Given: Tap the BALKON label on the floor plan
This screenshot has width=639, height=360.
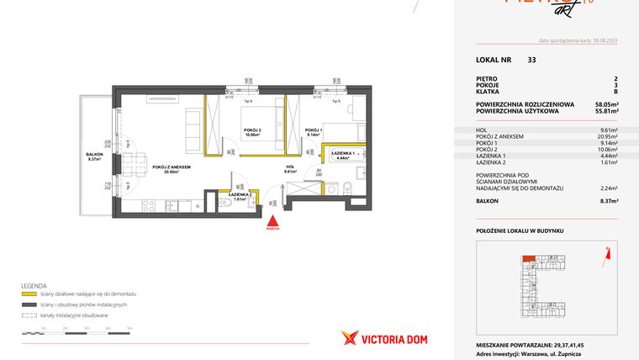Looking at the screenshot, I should point(94,155).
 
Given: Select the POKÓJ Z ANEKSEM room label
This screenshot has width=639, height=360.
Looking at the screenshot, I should point(172,168).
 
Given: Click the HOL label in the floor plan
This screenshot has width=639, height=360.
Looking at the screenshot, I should point(289,167).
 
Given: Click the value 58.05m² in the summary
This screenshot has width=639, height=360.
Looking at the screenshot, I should point(607,103).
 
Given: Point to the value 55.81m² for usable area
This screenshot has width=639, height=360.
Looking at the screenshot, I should point(607,110).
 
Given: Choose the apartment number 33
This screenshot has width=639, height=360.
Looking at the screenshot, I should point(531,60).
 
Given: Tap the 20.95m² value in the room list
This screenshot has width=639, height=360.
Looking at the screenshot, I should point(607,136).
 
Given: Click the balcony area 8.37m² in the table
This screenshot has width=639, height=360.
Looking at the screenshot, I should point(609,201).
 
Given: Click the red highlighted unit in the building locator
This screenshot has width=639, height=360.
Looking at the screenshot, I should point(528,259).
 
